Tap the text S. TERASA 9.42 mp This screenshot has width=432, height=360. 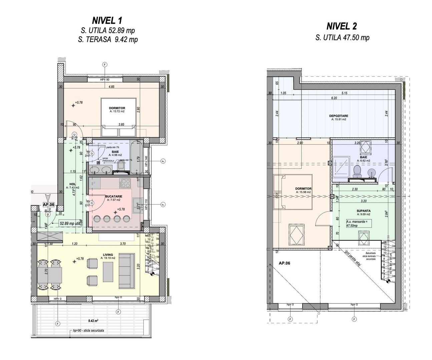pyautogui.click(x=107, y=39)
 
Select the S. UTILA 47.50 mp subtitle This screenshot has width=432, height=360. pyautogui.click(x=342, y=38)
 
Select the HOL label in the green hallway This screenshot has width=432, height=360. pyautogui.click(x=72, y=184)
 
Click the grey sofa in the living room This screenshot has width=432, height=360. pyautogui.click(x=127, y=270)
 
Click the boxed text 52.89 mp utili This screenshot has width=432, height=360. pyautogui.click(x=71, y=223)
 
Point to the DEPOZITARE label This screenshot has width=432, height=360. pyautogui.click(x=339, y=116)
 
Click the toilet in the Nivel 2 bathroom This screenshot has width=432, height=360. pyautogui.click(x=357, y=171)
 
